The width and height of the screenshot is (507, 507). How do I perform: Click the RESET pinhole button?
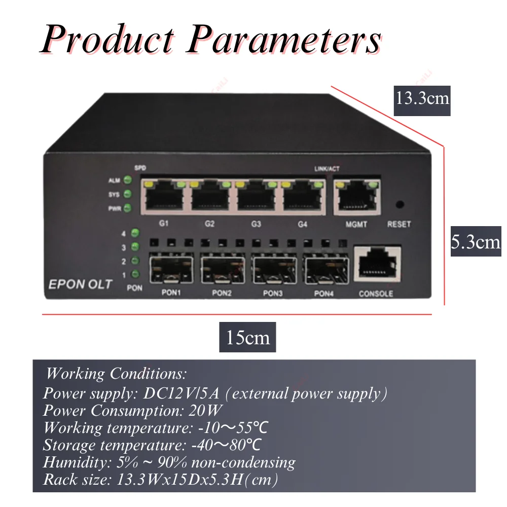tap(400, 204)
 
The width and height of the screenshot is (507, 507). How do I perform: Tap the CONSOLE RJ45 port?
tap(377, 264)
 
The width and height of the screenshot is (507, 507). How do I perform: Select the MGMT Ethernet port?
tap(357, 197)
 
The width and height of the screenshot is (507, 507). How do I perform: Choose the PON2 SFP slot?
tap(223, 269)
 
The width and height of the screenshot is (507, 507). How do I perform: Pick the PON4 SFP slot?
tap(325, 269)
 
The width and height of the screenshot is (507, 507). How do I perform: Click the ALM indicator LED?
tap(128, 180)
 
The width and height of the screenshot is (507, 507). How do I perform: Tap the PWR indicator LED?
tap(128, 208)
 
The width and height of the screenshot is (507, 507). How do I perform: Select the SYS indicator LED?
tap(128, 194)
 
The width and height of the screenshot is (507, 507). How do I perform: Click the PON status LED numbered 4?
tap(135, 233)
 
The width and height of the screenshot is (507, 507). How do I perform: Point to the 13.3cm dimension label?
tap(422, 100)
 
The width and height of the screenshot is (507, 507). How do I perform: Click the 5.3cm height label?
tap(476, 241)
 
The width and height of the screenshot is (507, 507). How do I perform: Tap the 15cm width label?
tap(248, 337)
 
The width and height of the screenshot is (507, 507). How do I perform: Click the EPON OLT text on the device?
tap(80, 284)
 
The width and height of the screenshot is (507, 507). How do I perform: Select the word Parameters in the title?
tap(284, 40)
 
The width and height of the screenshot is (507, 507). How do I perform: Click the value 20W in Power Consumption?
tap(205, 411)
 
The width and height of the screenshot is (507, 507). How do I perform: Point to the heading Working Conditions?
tap(117, 374)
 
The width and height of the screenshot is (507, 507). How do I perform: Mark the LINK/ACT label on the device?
tap(327, 169)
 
